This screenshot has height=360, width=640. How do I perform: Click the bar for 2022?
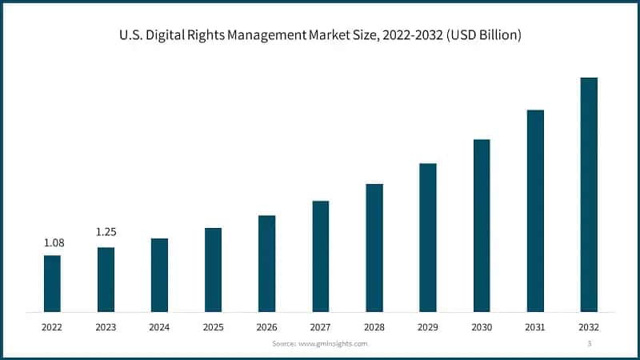point(52,283)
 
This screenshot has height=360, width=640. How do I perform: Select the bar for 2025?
point(213,270)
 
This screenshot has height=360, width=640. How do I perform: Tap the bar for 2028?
point(374,247)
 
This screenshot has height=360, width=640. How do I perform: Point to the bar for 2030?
point(482,225)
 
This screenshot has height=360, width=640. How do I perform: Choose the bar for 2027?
point(321,256)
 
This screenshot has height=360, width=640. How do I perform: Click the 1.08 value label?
point(52,243)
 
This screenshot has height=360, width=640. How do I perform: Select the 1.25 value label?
point(106,232)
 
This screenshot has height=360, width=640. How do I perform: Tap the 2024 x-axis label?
point(159,327)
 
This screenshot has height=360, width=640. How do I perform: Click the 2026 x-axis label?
point(266,327)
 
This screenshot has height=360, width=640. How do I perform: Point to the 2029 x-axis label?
point(428,327)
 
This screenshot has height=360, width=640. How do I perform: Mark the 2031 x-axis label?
point(535,327)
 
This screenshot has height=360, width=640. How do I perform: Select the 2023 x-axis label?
point(106,327)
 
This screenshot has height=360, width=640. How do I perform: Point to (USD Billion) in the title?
point(482,36)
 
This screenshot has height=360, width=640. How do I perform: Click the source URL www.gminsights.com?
point(332,343)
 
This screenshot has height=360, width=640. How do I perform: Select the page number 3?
point(589,343)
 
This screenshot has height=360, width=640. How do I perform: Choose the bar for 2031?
point(535,210)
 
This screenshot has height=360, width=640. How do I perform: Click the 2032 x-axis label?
point(589,327)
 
